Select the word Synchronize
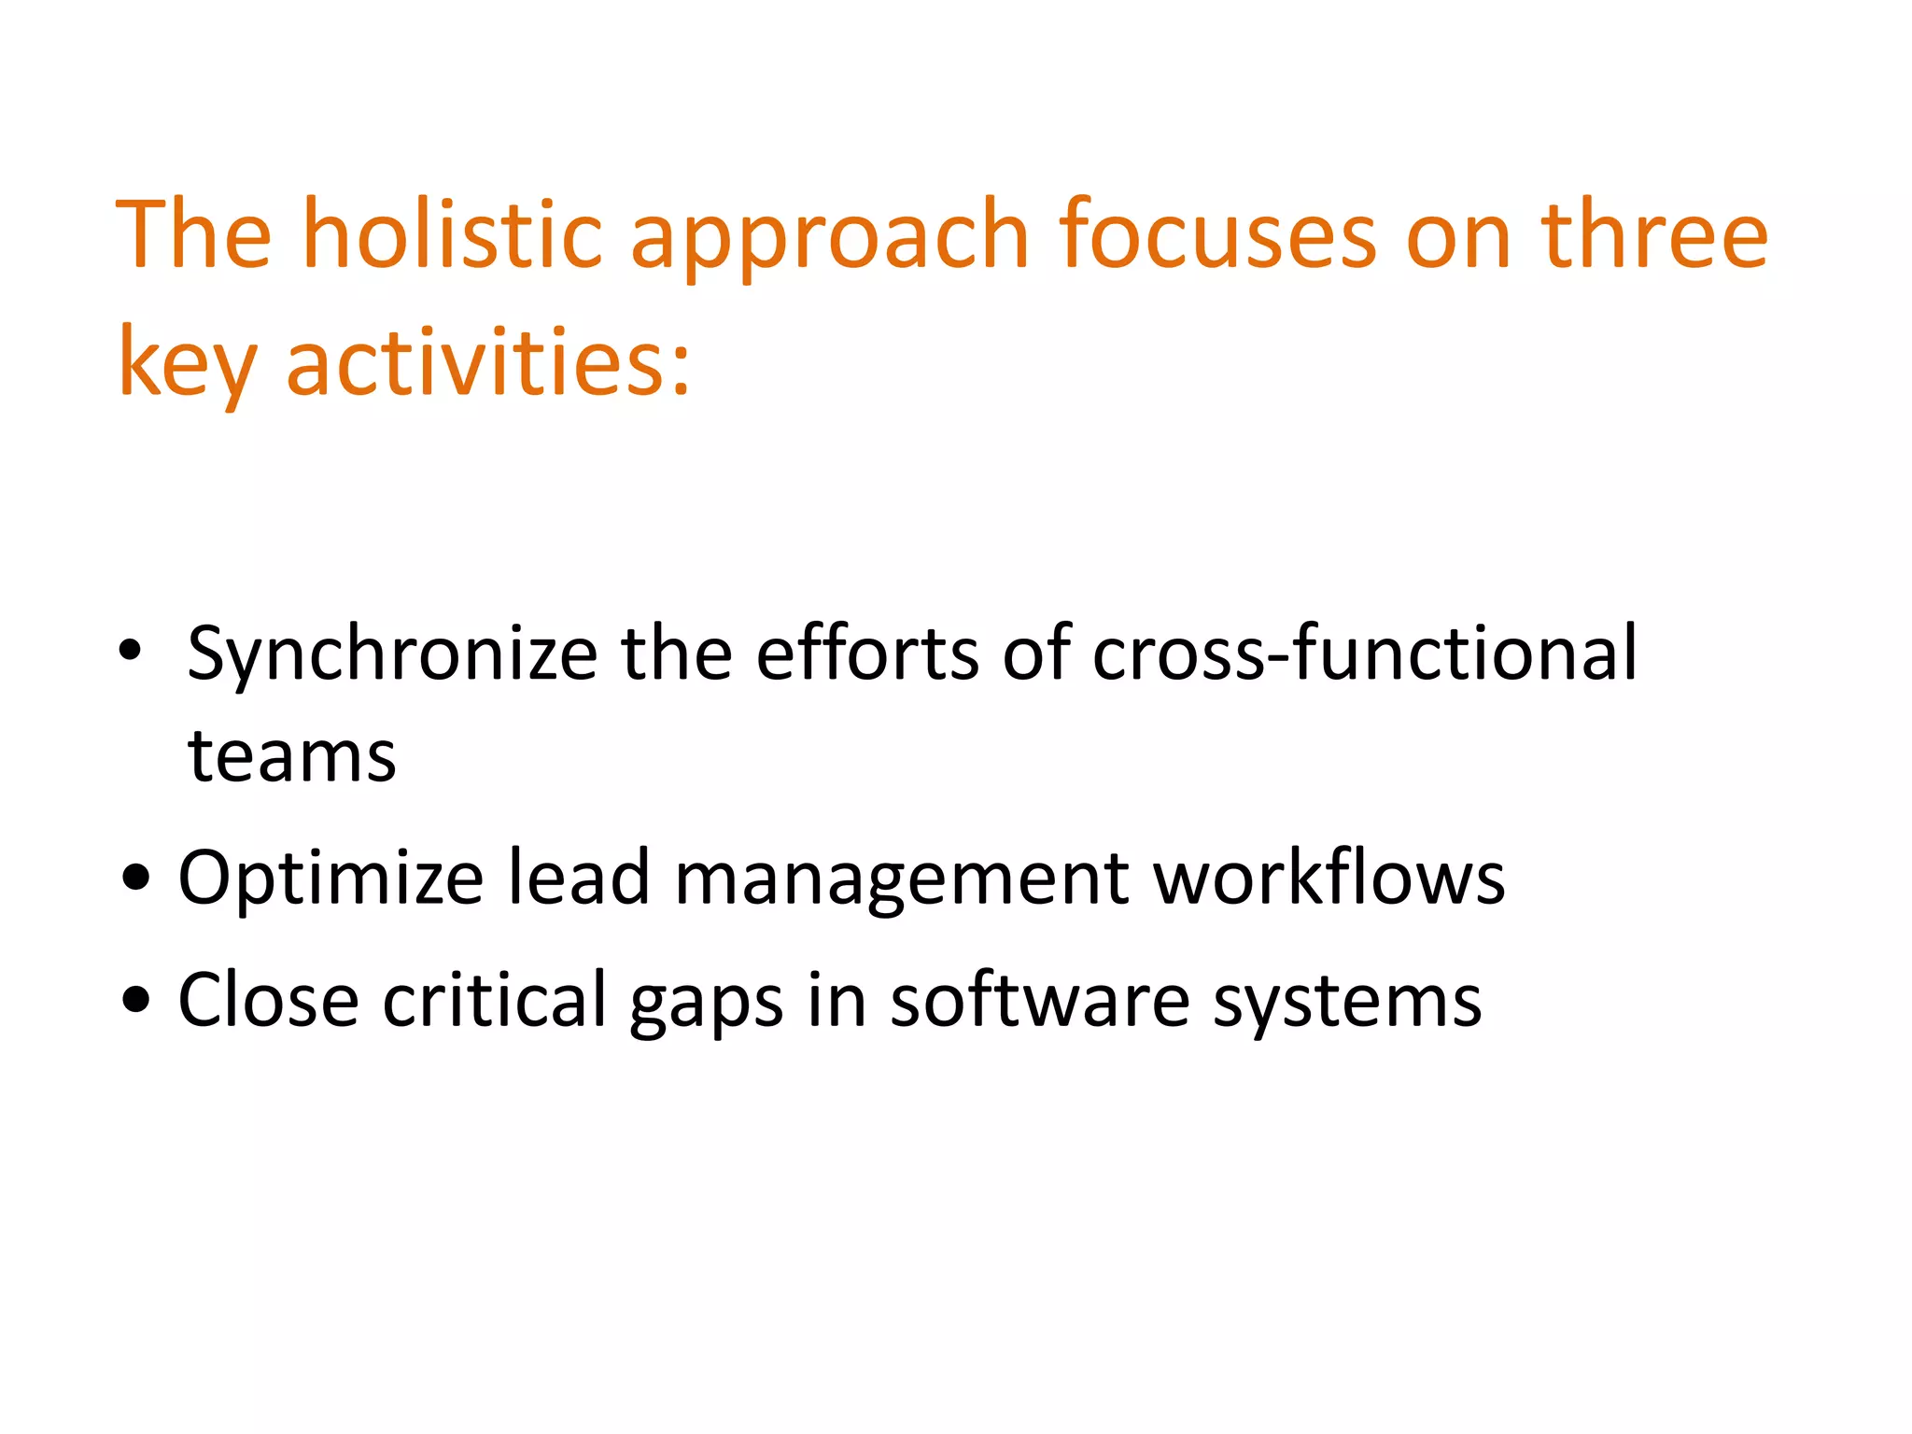tap(392, 654)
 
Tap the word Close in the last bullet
tap(269, 1000)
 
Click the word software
tap(1040, 1000)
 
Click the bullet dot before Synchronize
tap(130, 650)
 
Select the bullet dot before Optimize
tap(136, 878)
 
